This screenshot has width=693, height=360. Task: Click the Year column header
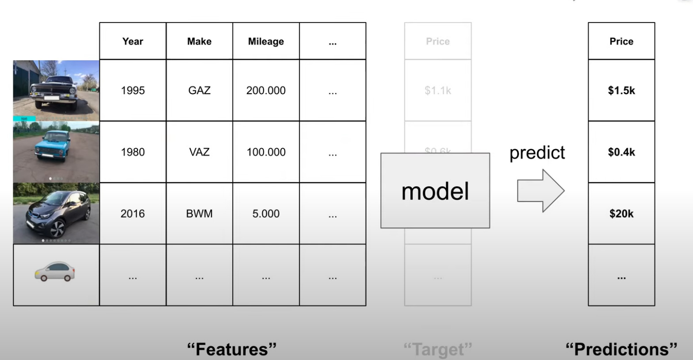[x=133, y=41]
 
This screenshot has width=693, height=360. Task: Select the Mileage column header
[x=266, y=41]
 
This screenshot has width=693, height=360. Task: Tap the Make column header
[x=199, y=41]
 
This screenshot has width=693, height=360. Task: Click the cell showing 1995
[x=133, y=90]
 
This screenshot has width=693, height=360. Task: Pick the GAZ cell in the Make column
[x=199, y=90]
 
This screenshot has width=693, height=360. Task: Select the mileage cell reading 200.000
[x=266, y=90]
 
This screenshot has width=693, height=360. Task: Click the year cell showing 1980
[x=133, y=152]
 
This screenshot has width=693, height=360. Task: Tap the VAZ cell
[x=199, y=152]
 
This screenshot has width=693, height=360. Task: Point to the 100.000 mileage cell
[x=266, y=152]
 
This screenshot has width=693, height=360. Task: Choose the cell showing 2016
[x=133, y=214]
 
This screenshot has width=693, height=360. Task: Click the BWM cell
[x=199, y=214]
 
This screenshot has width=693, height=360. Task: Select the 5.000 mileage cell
[x=266, y=214]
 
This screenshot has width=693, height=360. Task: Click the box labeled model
[x=435, y=191]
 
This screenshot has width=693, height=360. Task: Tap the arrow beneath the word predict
[x=540, y=191]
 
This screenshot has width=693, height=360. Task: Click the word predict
[x=537, y=153]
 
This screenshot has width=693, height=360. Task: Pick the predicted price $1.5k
[x=621, y=90]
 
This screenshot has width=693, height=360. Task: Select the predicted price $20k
[x=621, y=214]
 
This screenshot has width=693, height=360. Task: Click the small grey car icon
[x=55, y=272]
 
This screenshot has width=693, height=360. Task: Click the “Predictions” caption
[x=621, y=349]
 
